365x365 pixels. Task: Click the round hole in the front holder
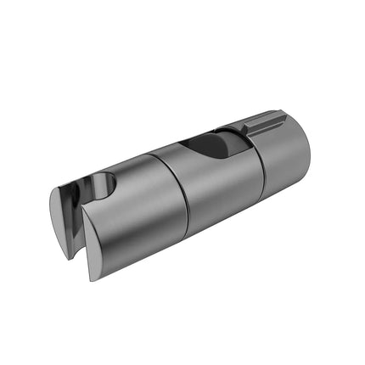103,183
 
